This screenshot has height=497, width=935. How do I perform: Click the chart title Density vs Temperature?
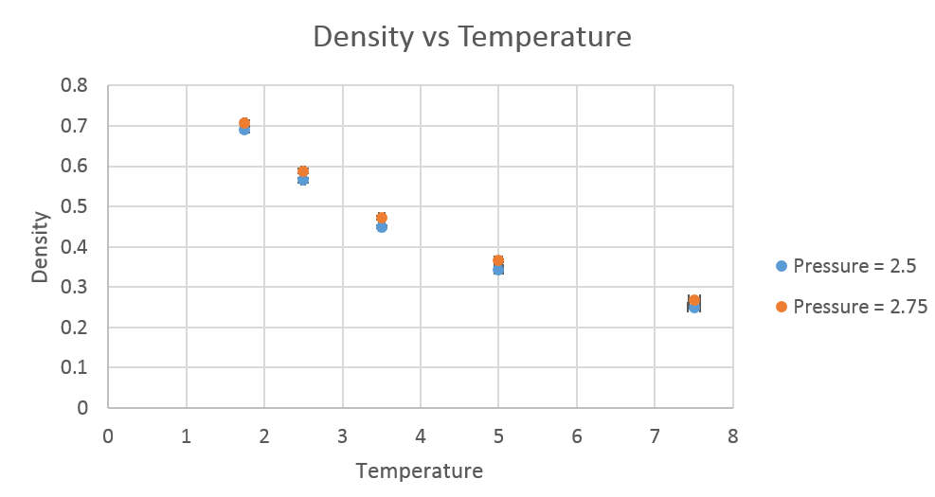pyautogui.click(x=472, y=37)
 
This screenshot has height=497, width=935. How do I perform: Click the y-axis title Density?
pyautogui.click(x=40, y=248)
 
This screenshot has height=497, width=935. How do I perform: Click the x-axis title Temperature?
pyautogui.click(x=419, y=470)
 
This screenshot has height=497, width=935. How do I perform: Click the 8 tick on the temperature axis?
pyautogui.click(x=731, y=436)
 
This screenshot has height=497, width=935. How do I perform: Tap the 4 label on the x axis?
pyautogui.click(x=420, y=436)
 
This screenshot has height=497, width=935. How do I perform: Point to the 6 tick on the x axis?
pyautogui.click(x=576, y=436)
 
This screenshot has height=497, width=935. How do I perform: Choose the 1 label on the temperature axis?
pyautogui.click(x=186, y=436)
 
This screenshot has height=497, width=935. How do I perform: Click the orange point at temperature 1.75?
pyautogui.click(x=244, y=123)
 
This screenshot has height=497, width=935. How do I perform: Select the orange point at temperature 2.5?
pyautogui.click(x=303, y=171)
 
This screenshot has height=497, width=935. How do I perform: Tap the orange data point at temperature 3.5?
pyautogui.click(x=382, y=218)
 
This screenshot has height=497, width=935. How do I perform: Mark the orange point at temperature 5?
pyautogui.click(x=498, y=260)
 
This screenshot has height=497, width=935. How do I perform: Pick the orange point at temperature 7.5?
pyautogui.click(x=693, y=300)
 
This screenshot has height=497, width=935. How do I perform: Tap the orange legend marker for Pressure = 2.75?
pyautogui.click(x=782, y=306)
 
